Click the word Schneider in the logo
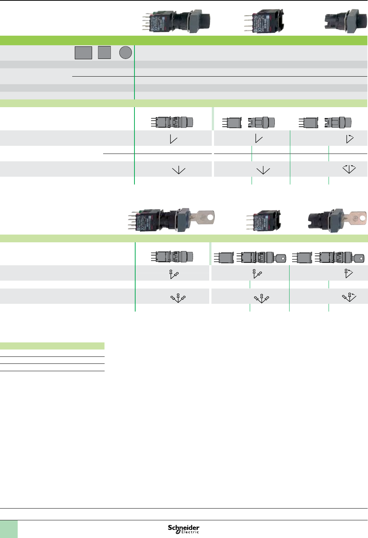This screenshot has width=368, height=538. (183, 528)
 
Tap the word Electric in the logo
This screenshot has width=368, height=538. (190, 532)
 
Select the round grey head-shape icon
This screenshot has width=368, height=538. (126, 53)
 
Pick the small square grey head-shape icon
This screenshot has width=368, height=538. (104, 53)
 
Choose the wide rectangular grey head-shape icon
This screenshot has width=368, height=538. (83, 53)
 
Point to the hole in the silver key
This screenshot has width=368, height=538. (210, 218)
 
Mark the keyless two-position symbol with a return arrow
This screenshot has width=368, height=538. (350, 138)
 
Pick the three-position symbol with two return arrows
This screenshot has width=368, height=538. (349, 169)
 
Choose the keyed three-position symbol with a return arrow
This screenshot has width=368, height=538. (349, 296)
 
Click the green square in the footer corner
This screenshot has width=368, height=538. (9, 529)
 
